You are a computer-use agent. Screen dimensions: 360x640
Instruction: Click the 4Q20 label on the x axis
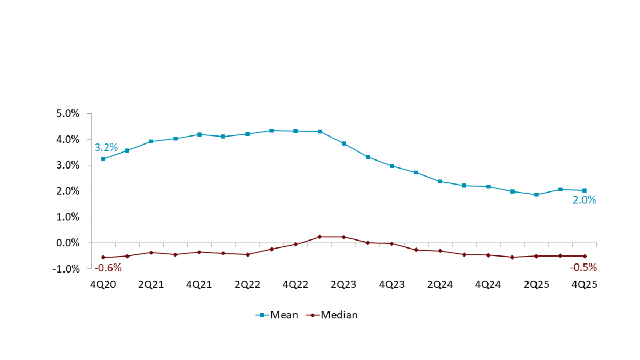(102, 285)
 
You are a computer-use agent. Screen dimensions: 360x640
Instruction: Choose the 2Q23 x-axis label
(343, 285)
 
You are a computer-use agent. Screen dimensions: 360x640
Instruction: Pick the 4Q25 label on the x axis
(584, 285)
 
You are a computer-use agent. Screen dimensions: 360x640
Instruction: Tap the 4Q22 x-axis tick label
(295, 285)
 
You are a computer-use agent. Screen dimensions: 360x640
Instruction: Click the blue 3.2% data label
(106, 148)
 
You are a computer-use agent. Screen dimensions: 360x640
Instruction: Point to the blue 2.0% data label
(585, 201)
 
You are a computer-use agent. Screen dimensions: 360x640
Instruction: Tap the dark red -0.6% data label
(109, 268)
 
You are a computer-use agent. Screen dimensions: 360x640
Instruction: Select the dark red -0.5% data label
(583, 267)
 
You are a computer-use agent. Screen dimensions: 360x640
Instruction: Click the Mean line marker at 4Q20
(102, 159)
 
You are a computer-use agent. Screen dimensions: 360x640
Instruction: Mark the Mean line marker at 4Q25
(585, 190)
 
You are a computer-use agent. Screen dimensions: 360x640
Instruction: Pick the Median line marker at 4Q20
(102, 258)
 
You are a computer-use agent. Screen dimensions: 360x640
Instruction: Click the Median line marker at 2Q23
(343, 237)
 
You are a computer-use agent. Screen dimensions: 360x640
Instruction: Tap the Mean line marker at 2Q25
(537, 195)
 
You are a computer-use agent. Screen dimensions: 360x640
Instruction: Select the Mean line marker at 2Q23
(343, 143)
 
